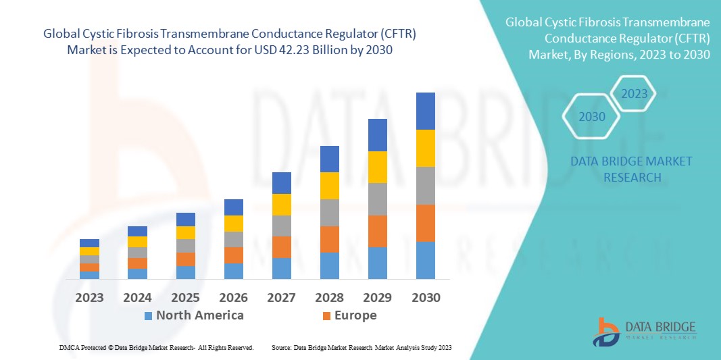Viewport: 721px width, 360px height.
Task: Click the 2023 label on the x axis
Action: [89, 298]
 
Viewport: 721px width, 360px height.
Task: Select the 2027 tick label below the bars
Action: [282, 298]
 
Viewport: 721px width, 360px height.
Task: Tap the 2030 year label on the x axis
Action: [426, 298]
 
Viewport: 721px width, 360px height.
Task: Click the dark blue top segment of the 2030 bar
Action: [426, 111]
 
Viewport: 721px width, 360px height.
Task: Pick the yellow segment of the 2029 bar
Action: [377, 167]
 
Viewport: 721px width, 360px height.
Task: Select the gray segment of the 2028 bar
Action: [329, 212]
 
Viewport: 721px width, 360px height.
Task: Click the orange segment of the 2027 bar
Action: [282, 247]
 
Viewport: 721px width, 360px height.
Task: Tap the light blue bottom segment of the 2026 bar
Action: [233, 271]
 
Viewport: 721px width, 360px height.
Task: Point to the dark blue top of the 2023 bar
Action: [89, 243]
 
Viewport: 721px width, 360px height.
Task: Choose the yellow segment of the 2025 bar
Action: [185, 232]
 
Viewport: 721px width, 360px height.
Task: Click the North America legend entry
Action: [199, 315]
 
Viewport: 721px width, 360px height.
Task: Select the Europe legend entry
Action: [355, 315]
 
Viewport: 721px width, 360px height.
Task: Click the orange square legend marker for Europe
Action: [326, 316]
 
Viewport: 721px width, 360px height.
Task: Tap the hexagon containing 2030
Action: [592, 117]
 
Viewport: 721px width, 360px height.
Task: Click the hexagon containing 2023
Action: [635, 94]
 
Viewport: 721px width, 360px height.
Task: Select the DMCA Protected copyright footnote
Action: [156, 347]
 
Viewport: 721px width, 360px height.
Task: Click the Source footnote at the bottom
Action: [361, 347]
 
